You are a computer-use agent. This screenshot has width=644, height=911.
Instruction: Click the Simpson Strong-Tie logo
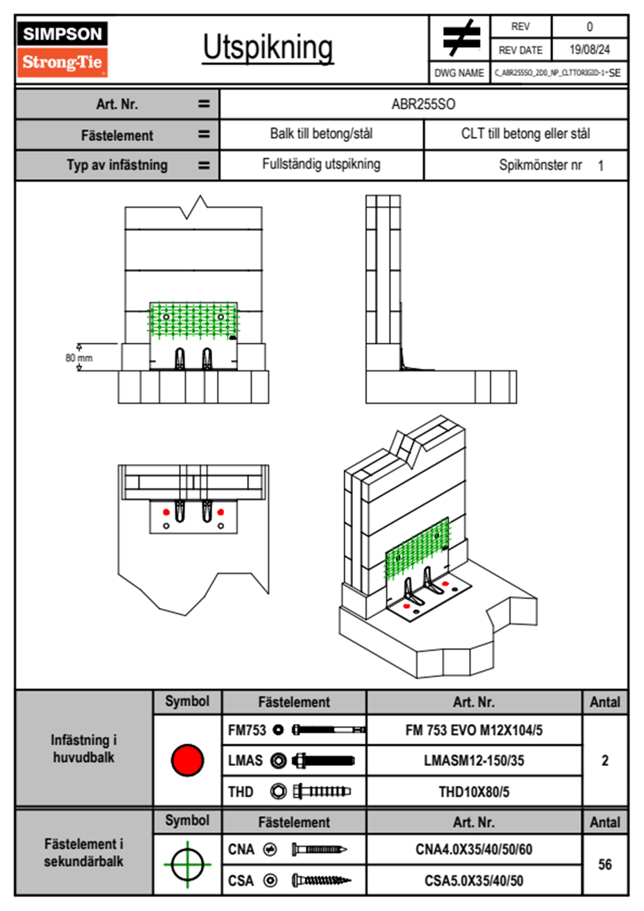[x=62, y=49]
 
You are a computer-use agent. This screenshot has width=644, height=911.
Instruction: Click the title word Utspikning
[x=268, y=48]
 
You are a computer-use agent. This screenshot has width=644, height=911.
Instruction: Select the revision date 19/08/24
[x=589, y=50]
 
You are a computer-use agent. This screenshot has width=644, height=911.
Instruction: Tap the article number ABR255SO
[x=423, y=104]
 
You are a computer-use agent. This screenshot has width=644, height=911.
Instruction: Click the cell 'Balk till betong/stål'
[x=321, y=134]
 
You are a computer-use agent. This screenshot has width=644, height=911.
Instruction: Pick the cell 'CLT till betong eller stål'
[x=525, y=134]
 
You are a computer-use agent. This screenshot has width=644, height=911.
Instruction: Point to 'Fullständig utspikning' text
[x=321, y=164]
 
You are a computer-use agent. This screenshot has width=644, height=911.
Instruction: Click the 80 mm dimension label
[x=79, y=358]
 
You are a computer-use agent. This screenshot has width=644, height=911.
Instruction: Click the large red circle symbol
[x=187, y=760]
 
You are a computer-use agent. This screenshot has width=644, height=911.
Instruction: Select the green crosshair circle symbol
[x=187, y=864]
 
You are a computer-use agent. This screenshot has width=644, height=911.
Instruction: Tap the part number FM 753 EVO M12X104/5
[x=474, y=730]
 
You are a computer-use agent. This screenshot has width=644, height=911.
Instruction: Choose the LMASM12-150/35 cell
[x=474, y=760]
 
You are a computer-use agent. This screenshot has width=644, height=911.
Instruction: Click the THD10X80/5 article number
[x=474, y=792]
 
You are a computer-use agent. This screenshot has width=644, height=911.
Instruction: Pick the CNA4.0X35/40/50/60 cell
[x=474, y=849]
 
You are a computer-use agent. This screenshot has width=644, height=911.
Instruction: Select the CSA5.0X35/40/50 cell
[x=474, y=881]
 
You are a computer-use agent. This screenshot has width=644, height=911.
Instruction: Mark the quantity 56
[x=604, y=864]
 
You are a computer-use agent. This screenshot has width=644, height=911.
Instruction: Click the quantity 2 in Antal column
[x=604, y=760]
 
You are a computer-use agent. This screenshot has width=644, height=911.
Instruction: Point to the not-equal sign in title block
[x=461, y=38]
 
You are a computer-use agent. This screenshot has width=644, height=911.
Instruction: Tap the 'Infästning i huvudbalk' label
[x=84, y=749]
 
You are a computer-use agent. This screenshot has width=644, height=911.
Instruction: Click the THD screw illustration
[x=321, y=792]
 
